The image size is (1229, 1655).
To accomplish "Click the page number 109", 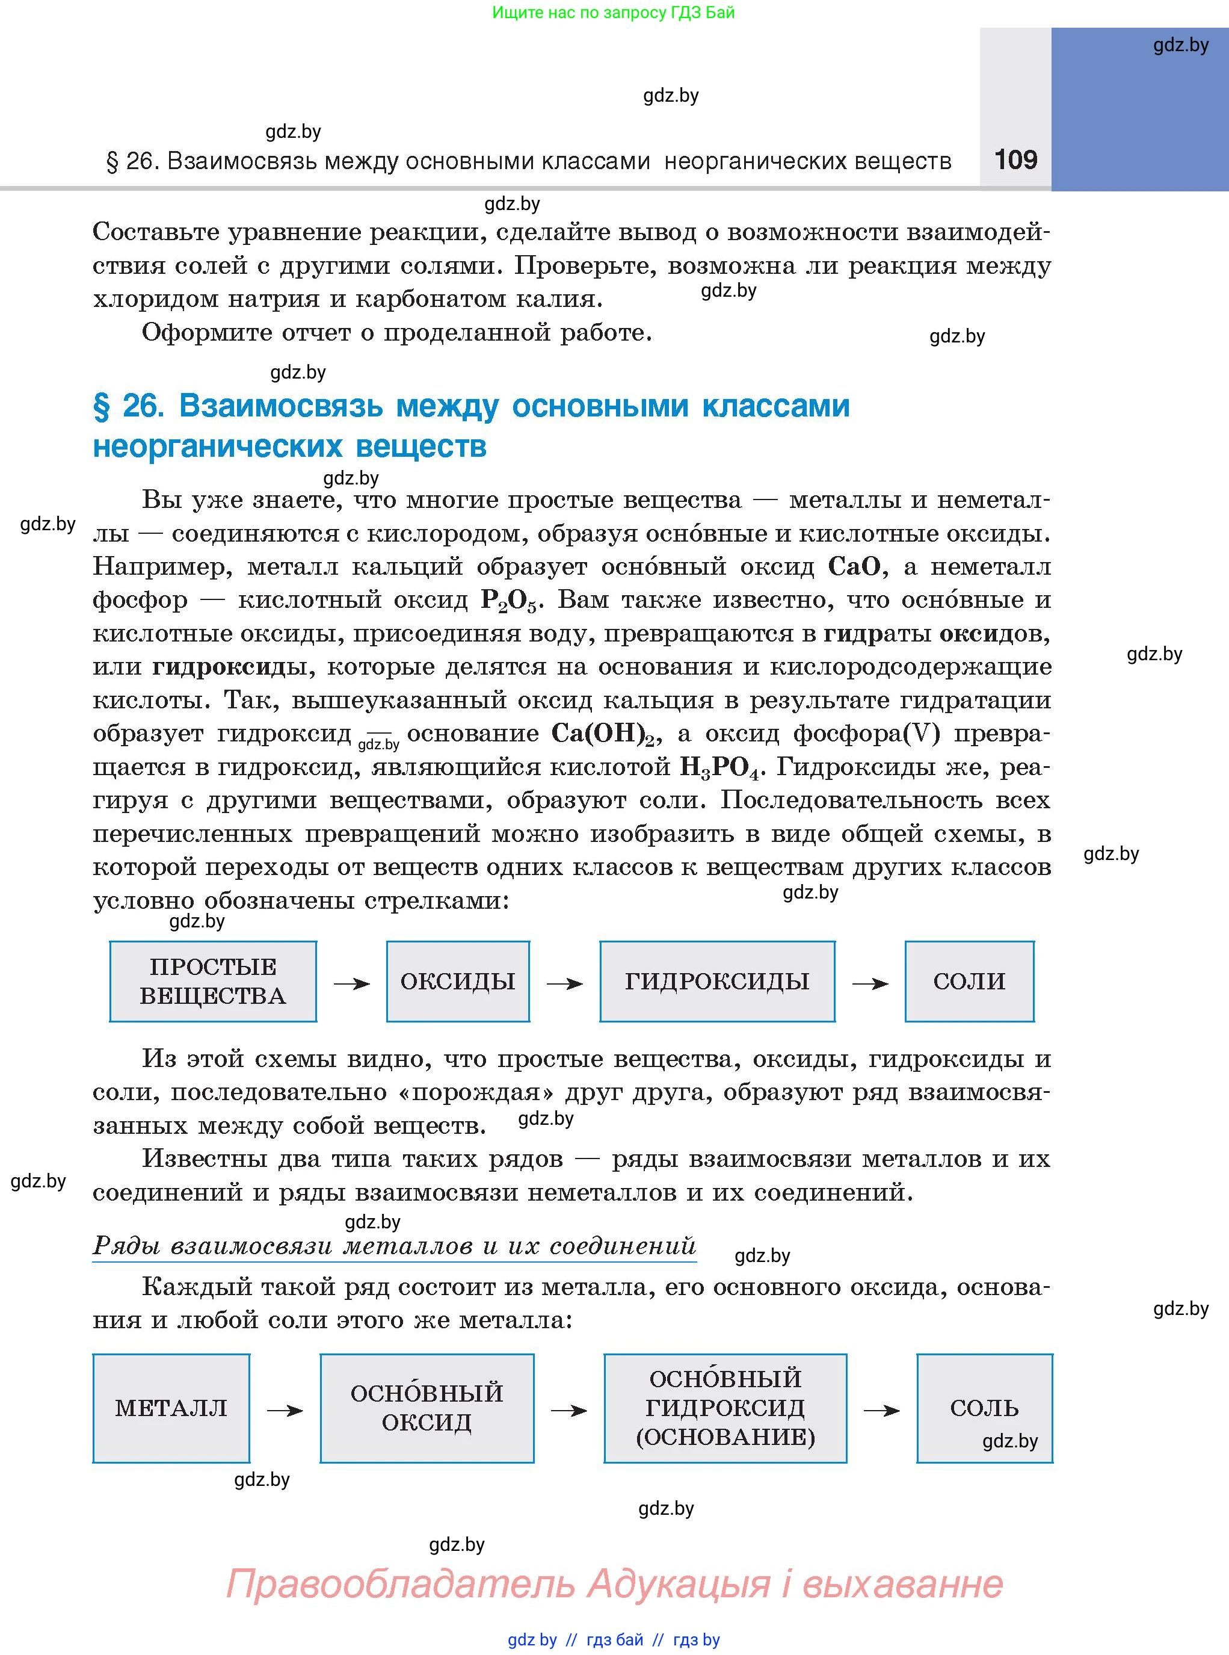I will [x=1015, y=159].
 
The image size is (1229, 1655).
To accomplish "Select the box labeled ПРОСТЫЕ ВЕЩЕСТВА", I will [x=213, y=981].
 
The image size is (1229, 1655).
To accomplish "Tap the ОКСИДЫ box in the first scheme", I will [x=458, y=981].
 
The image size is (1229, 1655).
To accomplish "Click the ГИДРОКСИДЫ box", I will [x=716, y=981].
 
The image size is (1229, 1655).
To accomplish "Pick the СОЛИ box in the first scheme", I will [x=969, y=981].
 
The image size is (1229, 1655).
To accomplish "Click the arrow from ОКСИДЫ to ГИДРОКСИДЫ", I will [x=565, y=984].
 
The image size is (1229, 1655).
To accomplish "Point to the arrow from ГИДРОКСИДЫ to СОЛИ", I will [x=870, y=984].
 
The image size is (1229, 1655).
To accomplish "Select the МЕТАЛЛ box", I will [x=171, y=1408].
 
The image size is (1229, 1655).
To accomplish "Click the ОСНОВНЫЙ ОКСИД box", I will [x=427, y=1408].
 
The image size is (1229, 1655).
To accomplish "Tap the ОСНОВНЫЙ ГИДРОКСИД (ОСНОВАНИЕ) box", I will [x=725, y=1408].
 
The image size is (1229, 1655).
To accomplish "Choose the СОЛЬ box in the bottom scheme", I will [x=984, y=1408].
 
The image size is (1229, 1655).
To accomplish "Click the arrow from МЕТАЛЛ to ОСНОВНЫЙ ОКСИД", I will [x=285, y=1410].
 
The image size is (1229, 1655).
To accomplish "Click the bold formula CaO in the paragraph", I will [x=854, y=567].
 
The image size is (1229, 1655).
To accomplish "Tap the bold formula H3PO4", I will [x=722, y=767].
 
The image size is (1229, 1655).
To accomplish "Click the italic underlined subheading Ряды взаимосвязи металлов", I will [x=394, y=1245].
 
